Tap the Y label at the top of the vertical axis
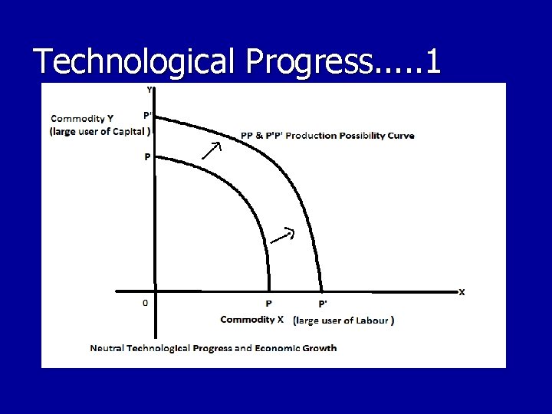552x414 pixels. (149, 90)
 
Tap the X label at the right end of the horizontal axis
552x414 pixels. (462, 292)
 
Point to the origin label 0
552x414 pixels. (146, 303)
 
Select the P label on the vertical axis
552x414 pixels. (147, 156)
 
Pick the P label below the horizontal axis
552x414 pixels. (269, 304)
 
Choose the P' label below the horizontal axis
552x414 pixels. (323, 304)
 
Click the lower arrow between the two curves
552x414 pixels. (284, 235)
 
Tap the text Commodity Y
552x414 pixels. (82, 118)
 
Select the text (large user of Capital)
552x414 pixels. (100, 131)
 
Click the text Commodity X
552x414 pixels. (252, 320)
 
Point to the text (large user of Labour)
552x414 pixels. (344, 320)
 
